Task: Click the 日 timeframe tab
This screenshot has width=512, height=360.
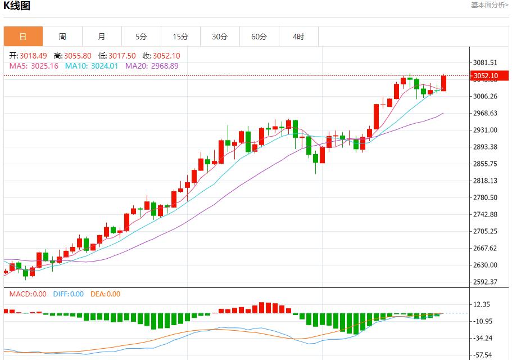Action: pos(23,37)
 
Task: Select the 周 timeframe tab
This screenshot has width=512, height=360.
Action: pos(62,37)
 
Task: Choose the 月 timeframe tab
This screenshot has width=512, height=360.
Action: pos(102,37)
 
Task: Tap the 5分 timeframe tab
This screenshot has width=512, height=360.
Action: pos(141,37)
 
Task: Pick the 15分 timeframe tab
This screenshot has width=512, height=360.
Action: pos(180,37)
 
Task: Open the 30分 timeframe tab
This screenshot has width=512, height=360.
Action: pos(220,37)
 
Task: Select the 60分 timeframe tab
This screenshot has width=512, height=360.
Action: pos(259,37)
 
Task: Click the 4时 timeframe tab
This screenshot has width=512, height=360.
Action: pos(298,37)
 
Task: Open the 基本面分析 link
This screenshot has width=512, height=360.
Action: pos(489,5)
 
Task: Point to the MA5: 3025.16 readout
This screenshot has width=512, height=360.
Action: pos(34,66)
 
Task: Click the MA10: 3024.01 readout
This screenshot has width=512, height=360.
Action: pos(92,66)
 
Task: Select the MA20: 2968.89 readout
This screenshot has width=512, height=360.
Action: pos(152,66)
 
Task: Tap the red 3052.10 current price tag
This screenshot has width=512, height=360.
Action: pos(486,76)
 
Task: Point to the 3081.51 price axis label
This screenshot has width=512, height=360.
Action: pos(486,62)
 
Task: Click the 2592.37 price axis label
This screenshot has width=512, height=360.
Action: pos(486,282)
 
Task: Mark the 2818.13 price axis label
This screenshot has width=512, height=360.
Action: pos(486,181)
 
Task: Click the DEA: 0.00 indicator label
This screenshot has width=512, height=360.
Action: pos(106,294)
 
